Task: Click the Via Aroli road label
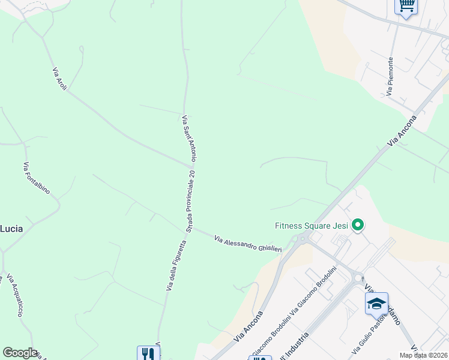(59, 79)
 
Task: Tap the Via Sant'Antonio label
(189, 138)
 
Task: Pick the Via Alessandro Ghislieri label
(248, 244)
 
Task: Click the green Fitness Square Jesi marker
(358, 226)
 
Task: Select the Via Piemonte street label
(390, 76)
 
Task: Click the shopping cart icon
(406, 6)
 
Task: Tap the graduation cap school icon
(376, 303)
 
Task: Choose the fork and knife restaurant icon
(148, 354)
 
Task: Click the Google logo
(20, 353)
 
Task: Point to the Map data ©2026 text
(424, 355)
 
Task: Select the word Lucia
(11, 228)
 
